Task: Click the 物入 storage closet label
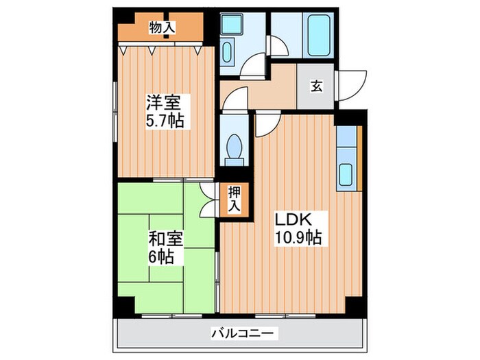click(162, 28)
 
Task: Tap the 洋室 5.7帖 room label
click(165, 111)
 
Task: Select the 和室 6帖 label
click(166, 248)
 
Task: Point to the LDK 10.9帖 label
click(298, 228)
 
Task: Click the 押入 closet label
click(235, 199)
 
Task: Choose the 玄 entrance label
click(317, 86)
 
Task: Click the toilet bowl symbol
click(235, 149)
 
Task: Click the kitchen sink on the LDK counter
click(346, 174)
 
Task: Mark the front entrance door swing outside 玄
click(351, 86)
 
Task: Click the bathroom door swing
click(277, 46)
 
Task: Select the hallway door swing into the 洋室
click(235, 98)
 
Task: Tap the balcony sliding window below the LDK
click(285, 315)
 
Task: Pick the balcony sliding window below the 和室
click(172, 315)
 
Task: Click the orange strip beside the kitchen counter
click(359, 158)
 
